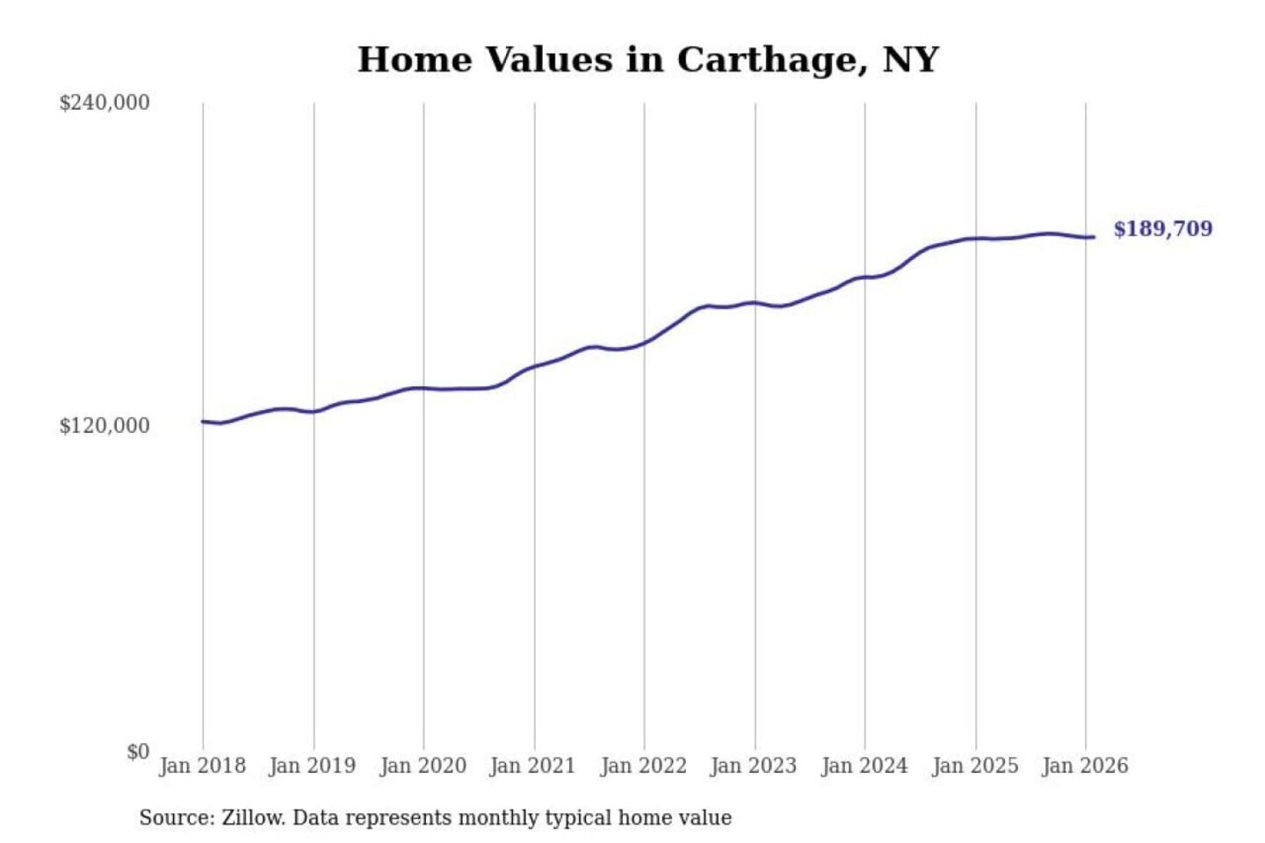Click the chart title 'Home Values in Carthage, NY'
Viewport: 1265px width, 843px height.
coord(647,60)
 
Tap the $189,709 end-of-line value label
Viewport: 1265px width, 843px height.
coord(1162,229)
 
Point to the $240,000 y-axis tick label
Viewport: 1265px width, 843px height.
coord(105,103)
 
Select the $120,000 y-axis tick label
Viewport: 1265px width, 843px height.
coord(105,426)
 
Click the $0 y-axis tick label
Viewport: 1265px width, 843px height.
coord(138,752)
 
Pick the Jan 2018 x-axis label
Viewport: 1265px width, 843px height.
coord(202,766)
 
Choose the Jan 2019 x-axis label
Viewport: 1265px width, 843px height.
coord(313,766)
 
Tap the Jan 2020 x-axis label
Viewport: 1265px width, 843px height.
coord(423,766)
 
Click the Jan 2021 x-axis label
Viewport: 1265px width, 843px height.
coord(532,766)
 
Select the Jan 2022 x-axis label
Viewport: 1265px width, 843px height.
coord(643,766)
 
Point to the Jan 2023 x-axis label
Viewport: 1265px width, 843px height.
coord(753,766)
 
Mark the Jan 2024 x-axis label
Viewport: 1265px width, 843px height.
coord(864,766)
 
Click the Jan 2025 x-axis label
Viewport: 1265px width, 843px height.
coord(974,766)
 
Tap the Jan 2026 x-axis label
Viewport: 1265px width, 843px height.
coord(1084,766)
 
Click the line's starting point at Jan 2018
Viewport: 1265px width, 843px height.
coord(203,421)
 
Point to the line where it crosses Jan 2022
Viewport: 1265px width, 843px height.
coord(644,342)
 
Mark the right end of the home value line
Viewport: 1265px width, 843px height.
coord(1093,237)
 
